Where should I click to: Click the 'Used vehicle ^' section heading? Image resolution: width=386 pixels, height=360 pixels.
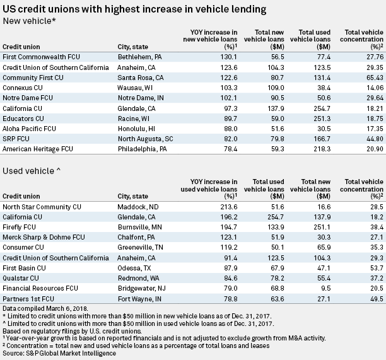(x=28, y=172)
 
